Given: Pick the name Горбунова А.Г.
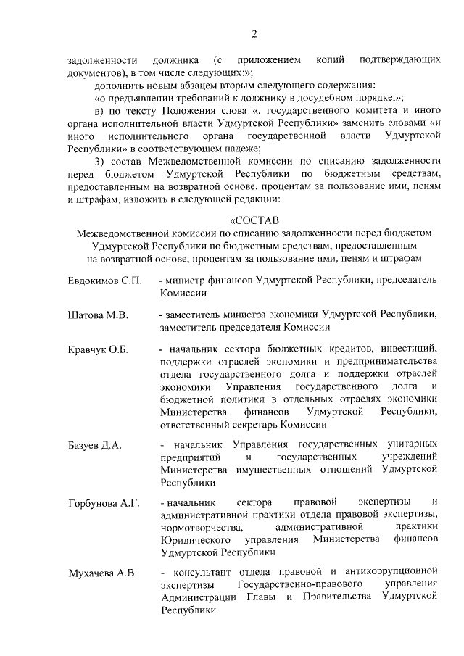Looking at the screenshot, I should click(x=103, y=502).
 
